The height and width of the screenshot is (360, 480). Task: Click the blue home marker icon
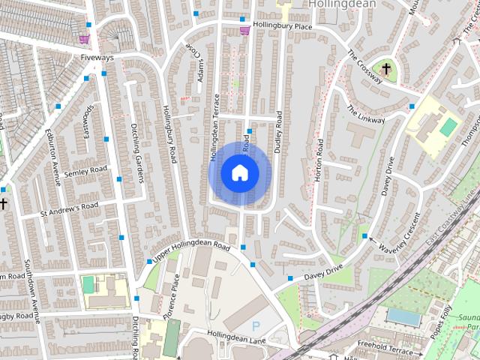click(239, 172)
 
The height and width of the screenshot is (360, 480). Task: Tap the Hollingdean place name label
click(342, 4)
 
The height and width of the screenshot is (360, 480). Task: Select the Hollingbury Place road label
click(282, 25)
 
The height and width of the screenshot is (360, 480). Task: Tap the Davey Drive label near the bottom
click(323, 273)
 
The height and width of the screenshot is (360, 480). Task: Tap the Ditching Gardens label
click(137, 154)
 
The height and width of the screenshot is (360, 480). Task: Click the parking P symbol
click(256, 326)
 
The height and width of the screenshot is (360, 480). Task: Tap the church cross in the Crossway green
click(386, 69)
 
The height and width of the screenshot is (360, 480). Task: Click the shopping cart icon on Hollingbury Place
click(244, 30)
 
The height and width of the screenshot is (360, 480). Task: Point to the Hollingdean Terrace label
click(214, 127)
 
